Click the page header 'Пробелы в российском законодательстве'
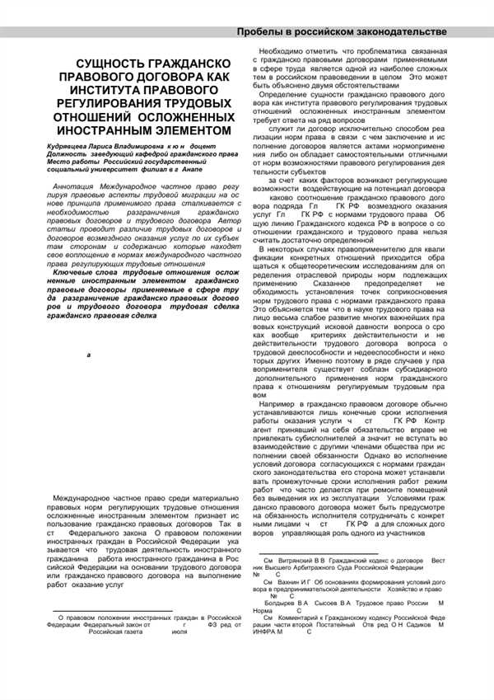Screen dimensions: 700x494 343,31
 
